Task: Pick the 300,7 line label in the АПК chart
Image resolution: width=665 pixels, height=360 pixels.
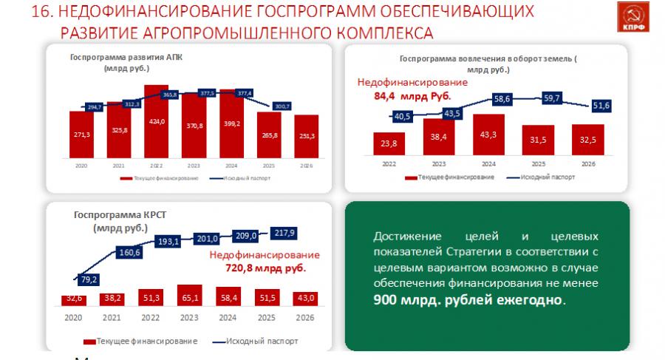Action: pos(282,106)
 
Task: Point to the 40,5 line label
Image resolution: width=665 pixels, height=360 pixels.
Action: pos(403,116)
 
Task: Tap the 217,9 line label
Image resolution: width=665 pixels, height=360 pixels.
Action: pos(284,233)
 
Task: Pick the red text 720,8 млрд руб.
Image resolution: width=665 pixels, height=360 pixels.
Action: pos(265,267)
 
